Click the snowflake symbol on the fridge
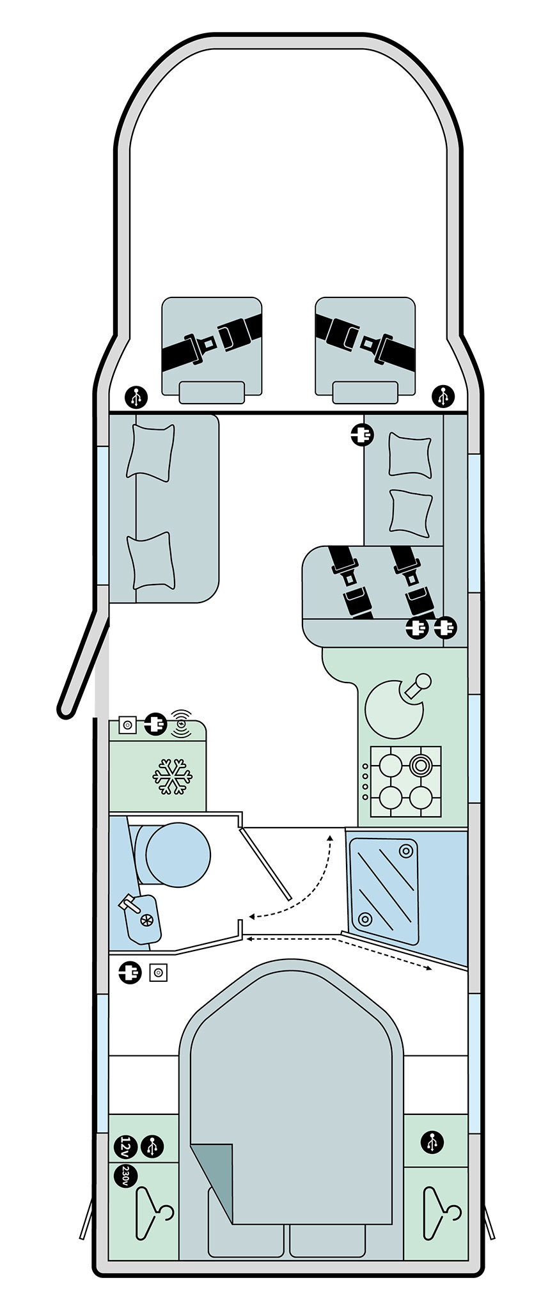coord(172,777)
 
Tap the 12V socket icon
coord(127,1146)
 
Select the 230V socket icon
coord(126,1176)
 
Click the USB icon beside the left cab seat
coord(136,397)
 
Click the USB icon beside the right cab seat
coord(443,397)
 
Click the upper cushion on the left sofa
coord(151,452)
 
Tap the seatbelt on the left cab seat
coord(212,345)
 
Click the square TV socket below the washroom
coord(158,973)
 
